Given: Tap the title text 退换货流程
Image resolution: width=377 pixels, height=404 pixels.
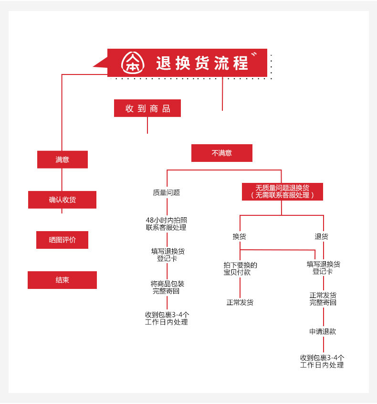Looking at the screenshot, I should [202, 63].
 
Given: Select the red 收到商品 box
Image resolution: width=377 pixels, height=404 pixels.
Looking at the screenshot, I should [147, 108].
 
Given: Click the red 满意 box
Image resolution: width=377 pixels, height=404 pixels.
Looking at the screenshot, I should [63, 159].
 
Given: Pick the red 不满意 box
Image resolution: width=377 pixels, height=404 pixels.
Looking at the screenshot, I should [221, 153].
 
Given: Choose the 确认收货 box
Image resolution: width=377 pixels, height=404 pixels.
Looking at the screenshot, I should [62, 200].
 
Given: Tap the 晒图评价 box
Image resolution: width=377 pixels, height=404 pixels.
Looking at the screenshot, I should [62, 240].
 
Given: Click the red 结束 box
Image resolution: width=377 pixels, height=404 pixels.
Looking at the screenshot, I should [62, 280].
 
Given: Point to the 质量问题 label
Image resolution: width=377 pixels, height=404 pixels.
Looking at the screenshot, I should [167, 192].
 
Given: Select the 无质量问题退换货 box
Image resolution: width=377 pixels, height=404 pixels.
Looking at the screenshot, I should [282, 191].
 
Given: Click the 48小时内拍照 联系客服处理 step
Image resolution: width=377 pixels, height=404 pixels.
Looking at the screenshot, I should [167, 223].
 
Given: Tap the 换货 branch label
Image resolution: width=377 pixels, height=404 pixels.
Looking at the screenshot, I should [240, 236].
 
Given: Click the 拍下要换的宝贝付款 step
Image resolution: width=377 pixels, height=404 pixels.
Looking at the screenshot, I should [240, 268].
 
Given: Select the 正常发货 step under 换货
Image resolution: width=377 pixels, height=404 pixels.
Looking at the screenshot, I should [240, 302].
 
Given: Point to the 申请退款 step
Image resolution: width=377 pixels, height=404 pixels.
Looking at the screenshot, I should [323, 331].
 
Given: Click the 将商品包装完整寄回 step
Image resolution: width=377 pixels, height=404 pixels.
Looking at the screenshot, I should [167, 287].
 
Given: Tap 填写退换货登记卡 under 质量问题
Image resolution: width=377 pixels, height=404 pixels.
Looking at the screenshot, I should [167, 255].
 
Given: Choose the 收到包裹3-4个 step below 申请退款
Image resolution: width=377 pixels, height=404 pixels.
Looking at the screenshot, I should [322, 361].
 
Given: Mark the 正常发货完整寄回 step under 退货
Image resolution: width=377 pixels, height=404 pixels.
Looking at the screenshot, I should [323, 298].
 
